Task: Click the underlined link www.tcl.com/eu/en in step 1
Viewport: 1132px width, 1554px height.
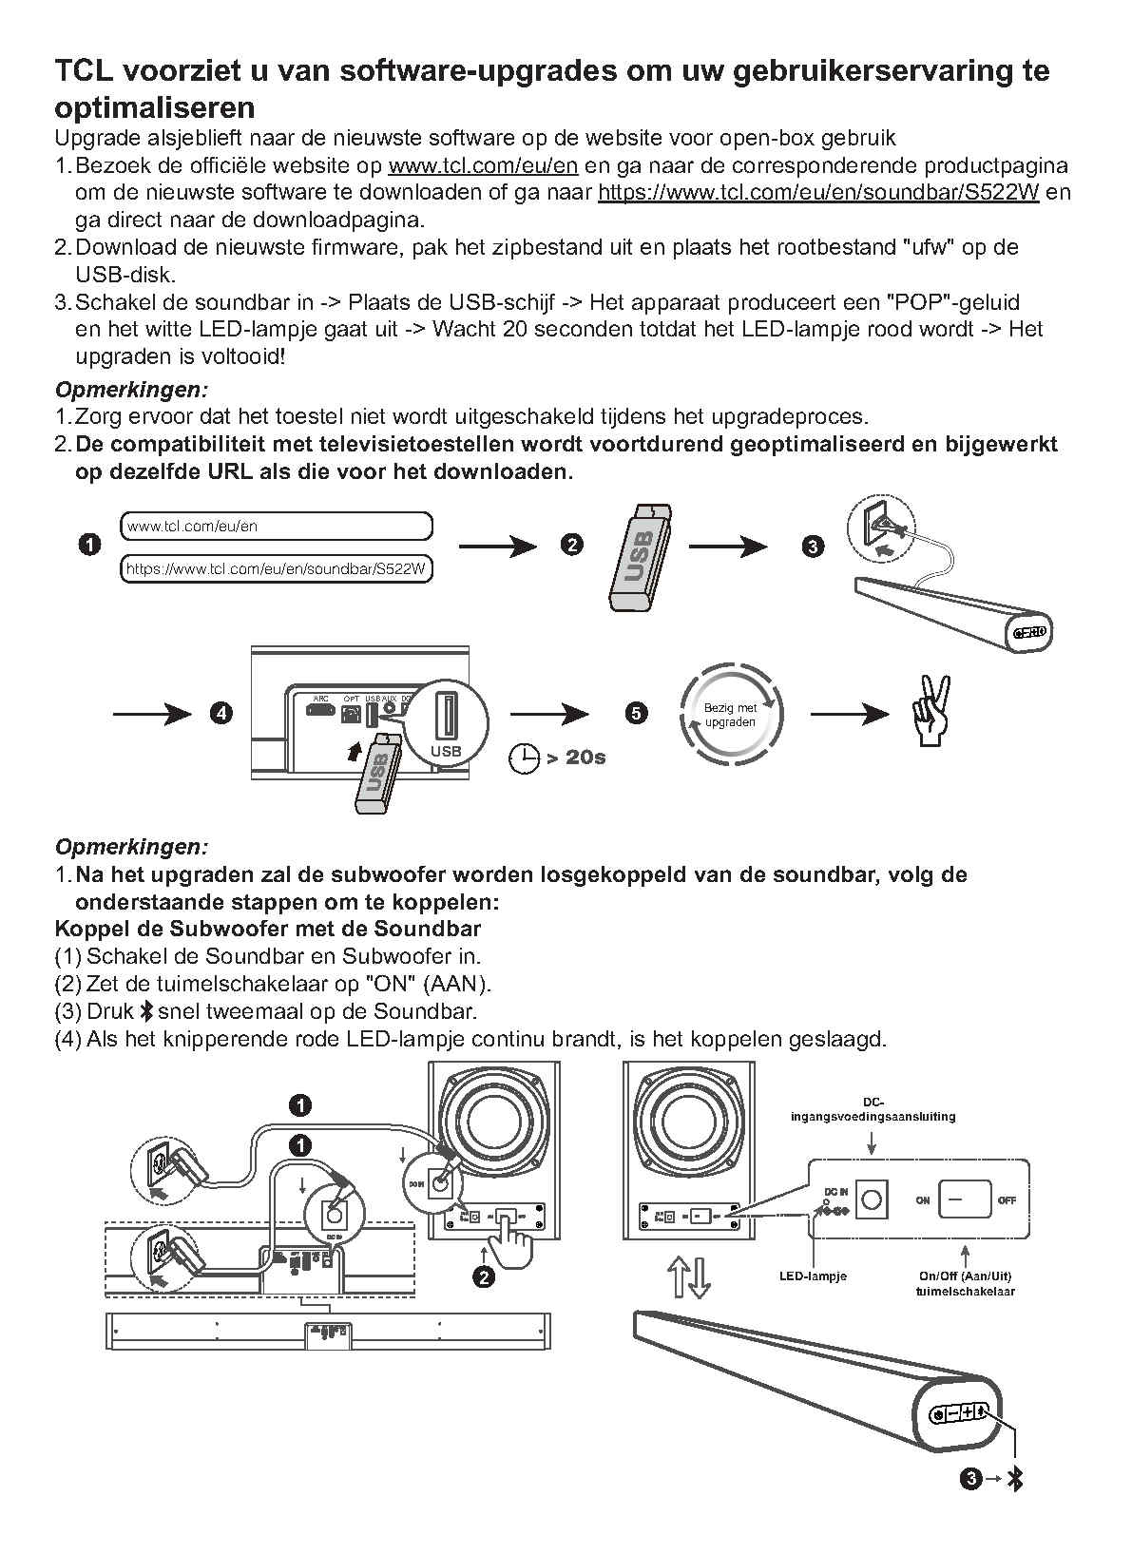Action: pyautogui.click(x=483, y=166)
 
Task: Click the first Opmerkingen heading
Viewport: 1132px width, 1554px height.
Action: pyautogui.click(x=131, y=390)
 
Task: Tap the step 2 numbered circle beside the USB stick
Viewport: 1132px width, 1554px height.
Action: pyautogui.click(x=571, y=546)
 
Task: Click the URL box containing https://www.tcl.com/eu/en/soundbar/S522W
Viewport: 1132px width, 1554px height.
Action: pyautogui.click(x=277, y=569)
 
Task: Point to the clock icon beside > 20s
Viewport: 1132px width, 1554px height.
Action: pyautogui.click(x=525, y=758)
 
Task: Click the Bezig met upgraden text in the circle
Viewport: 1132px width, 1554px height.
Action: pyautogui.click(x=730, y=715)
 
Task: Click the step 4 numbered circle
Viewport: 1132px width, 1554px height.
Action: pyautogui.click(x=221, y=714)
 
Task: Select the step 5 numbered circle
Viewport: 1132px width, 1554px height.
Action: pyautogui.click(x=637, y=714)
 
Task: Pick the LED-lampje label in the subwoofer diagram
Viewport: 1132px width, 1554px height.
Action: pyautogui.click(x=813, y=1276)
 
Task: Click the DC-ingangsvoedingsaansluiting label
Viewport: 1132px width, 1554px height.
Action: pyautogui.click(x=873, y=1109)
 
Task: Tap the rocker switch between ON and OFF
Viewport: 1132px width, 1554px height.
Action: pyautogui.click(x=964, y=1199)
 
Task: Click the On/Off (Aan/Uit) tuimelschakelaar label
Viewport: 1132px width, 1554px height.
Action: pyautogui.click(x=965, y=1283)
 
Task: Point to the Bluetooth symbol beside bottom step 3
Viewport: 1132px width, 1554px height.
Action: pyautogui.click(x=1015, y=1479)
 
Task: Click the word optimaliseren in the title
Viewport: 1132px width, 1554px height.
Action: pyautogui.click(x=155, y=106)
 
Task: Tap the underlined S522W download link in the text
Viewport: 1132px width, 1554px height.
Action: pyautogui.click(x=818, y=193)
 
